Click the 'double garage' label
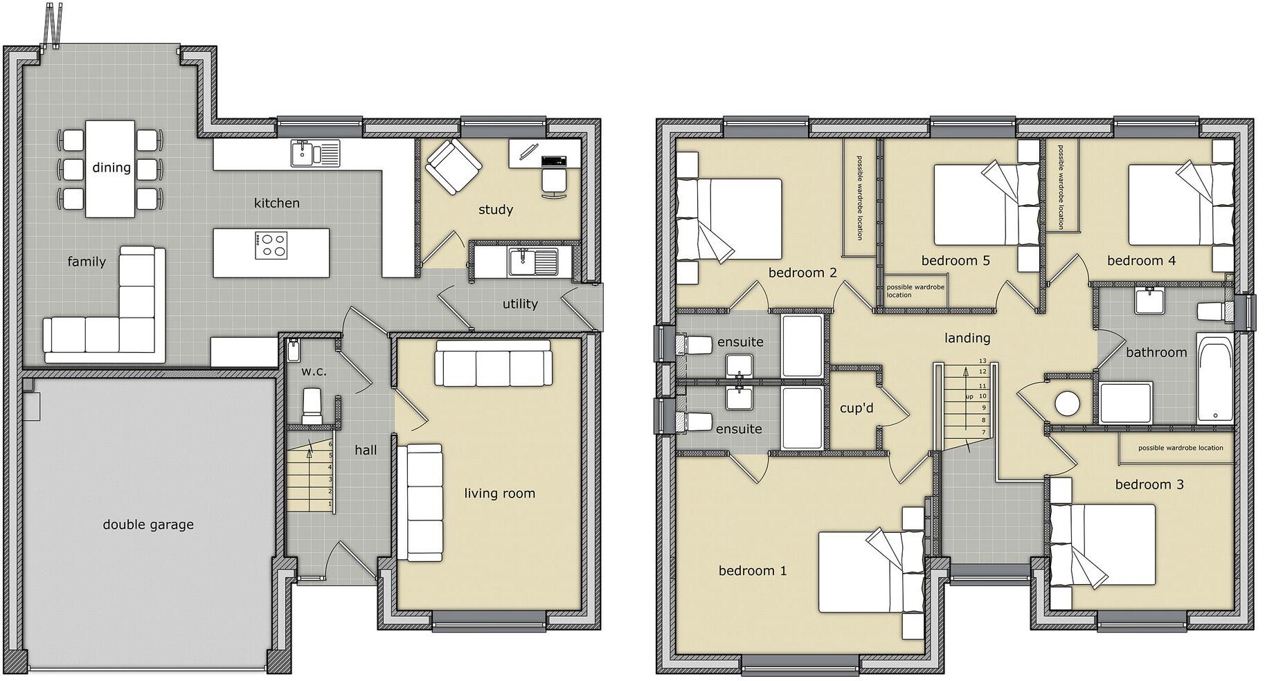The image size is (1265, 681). pyautogui.click(x=148, y=525)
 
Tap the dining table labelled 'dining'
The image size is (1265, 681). pyautogui.click(x=111, y=168)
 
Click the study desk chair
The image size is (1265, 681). pyautogui.click(x=553, y=182)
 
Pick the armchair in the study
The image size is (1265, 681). pyautogui.click(x=454, y=166)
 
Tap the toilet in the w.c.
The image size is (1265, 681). pyautogui.click(x=312, y=406)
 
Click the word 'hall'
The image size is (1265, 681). pyautogui.click(x=366, y=451)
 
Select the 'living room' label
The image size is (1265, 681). pyautogui.click(x=499, y=493)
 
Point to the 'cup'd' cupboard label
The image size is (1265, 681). pyautogui.click(x=856, y=408)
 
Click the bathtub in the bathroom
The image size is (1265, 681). pyautogui.click(x=1215, y=379)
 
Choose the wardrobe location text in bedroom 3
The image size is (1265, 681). pyautogui.click(x=1181, y=448)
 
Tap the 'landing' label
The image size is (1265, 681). pyautogui.click(x=967, y=338)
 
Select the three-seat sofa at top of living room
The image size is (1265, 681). pyautogui.click(x=494, y=363)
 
